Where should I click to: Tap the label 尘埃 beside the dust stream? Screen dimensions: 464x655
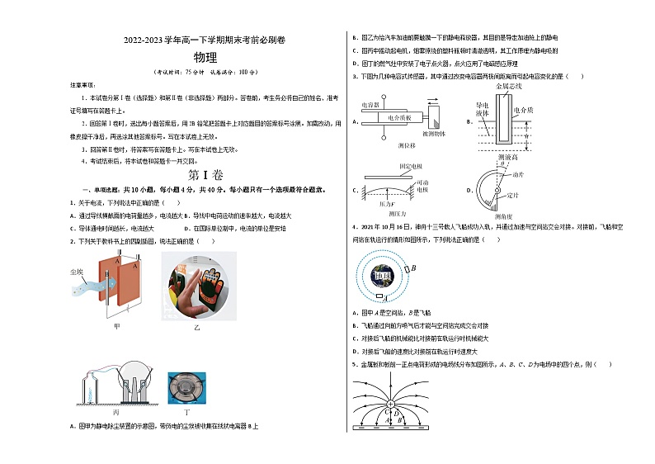pyautogui.click(x=76, y=270)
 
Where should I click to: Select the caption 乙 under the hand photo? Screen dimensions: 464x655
pyautogui.click(x=196, y=327)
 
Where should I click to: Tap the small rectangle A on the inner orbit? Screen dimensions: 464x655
pyautogui.click(x=379, y=296)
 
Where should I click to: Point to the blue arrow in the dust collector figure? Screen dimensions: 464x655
pyautogui.click(x=94, y=282)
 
